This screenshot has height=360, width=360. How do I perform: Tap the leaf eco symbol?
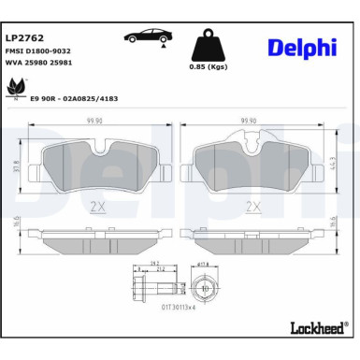16,85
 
